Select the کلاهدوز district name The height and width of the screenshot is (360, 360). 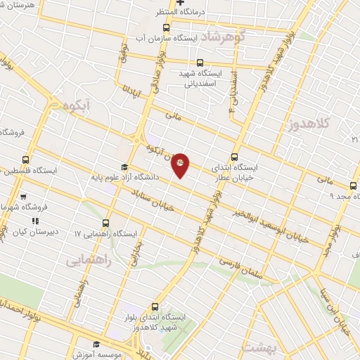click(310, 124)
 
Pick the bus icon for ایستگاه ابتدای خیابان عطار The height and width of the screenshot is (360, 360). click(235, 158)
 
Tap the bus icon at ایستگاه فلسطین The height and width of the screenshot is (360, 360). click(26, 160)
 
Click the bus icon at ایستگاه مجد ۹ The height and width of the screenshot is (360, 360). click(353, 185)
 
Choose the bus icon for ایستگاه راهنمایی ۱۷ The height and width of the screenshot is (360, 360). click(106, 221)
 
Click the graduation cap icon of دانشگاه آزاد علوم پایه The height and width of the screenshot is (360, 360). click(124, 167)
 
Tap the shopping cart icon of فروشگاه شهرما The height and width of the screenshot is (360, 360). click(23, 197)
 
